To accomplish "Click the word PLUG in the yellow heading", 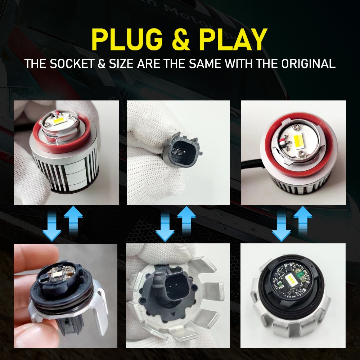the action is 127,39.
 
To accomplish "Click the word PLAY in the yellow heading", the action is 233,39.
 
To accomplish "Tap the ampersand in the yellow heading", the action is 181,40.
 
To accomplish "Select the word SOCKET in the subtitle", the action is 72,64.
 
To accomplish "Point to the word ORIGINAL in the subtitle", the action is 309,64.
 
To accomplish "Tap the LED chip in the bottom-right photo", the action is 291,281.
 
